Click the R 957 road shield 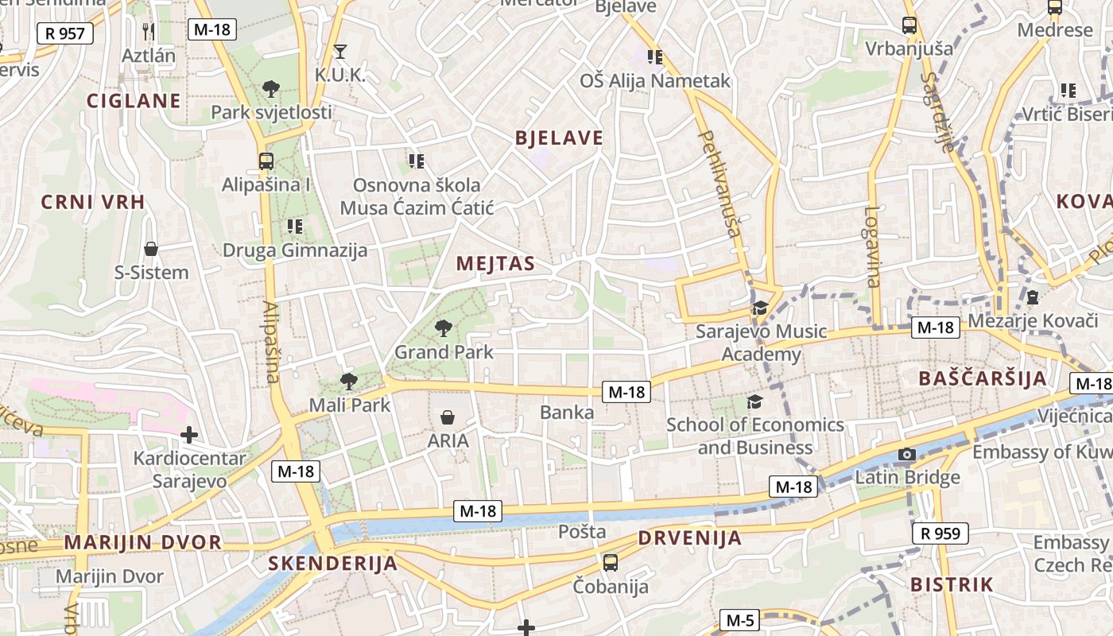click(65, 33)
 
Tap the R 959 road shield click(940, 533)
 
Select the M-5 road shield click(739, 620)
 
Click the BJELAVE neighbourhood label click(559, 138)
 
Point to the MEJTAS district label click(495, 264)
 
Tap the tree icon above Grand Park click(444, 328)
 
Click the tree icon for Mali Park click(348, 381)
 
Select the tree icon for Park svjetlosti click(270, 88)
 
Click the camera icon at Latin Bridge click(906, 455)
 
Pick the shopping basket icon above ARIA click(448, 417)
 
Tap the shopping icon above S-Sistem click(151, 249)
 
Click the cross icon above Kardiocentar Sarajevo click(188, 434)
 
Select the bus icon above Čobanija click(611, 562)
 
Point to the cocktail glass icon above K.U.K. click(340, 52)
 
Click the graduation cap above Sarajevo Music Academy click(761, 308)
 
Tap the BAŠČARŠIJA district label click(983, 378)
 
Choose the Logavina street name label click(873, 246)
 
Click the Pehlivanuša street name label click(719, 184)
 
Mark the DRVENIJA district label click(689, 538)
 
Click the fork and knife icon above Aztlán click(149, 31)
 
